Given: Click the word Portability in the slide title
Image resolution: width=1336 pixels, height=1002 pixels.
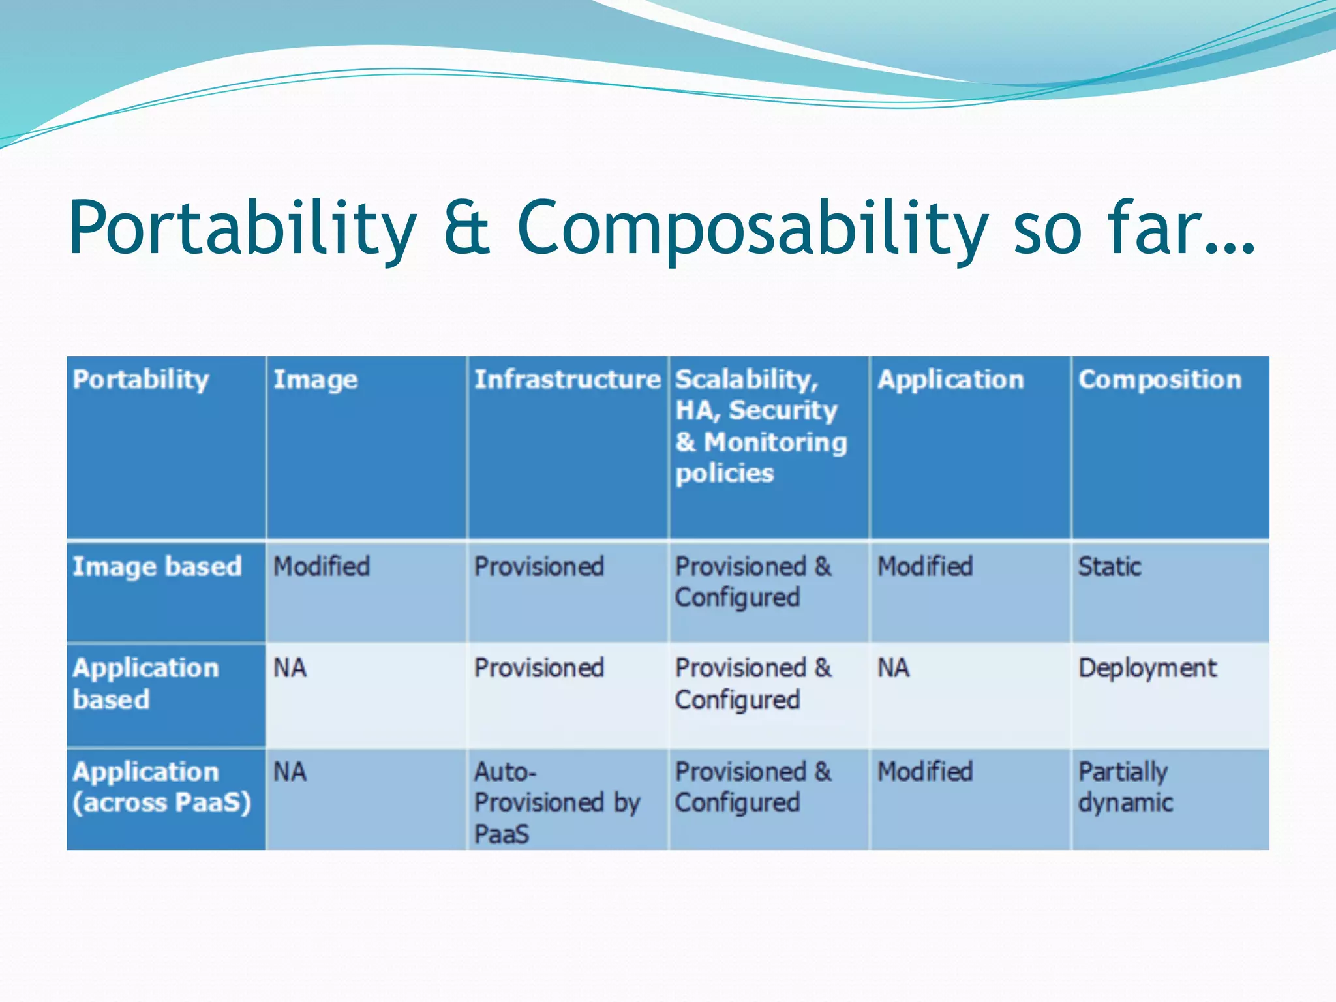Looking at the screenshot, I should [x=241, y=228].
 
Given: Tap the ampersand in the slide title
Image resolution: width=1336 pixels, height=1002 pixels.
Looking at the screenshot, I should [x=466, y=228].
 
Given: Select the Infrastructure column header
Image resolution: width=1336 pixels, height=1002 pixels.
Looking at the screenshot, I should [x=567, y=380].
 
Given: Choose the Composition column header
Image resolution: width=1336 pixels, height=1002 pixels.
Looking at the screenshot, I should [x=1159, y=380].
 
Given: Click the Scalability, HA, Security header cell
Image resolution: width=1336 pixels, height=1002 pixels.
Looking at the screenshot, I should [x=760, y=425].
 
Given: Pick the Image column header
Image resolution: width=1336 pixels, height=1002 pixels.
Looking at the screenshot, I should [x=315, y=380].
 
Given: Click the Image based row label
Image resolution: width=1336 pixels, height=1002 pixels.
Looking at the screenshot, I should [x=157, y=566].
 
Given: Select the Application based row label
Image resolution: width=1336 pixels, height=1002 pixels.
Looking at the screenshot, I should [x=145, y=683].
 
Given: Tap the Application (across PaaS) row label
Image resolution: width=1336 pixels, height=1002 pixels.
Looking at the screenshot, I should [x=161, y=787].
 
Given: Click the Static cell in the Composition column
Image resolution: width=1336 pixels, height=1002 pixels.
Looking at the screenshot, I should [x=1109, y=566].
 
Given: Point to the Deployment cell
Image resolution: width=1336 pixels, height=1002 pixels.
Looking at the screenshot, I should [x=1147, y=668].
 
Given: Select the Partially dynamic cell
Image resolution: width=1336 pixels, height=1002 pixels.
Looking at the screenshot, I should [x=1125, y=787].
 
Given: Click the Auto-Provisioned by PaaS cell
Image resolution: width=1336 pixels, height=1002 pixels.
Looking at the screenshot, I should [x=556, y=802].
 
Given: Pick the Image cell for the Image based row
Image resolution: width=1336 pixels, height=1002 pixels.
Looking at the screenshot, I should [x=321, y=566].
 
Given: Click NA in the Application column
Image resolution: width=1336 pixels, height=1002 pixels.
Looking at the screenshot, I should [x=893, y=668].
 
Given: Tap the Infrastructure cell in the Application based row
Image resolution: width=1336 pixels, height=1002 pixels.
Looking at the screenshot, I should [x=538, y=668].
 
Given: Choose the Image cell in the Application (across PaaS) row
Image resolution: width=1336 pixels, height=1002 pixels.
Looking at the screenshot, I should [x=290, y=772].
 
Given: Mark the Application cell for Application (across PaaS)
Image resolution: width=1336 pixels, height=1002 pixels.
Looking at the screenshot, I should [x=924, y=772].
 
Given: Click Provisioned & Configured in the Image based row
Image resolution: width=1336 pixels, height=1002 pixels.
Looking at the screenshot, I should [x=752, y=581].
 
